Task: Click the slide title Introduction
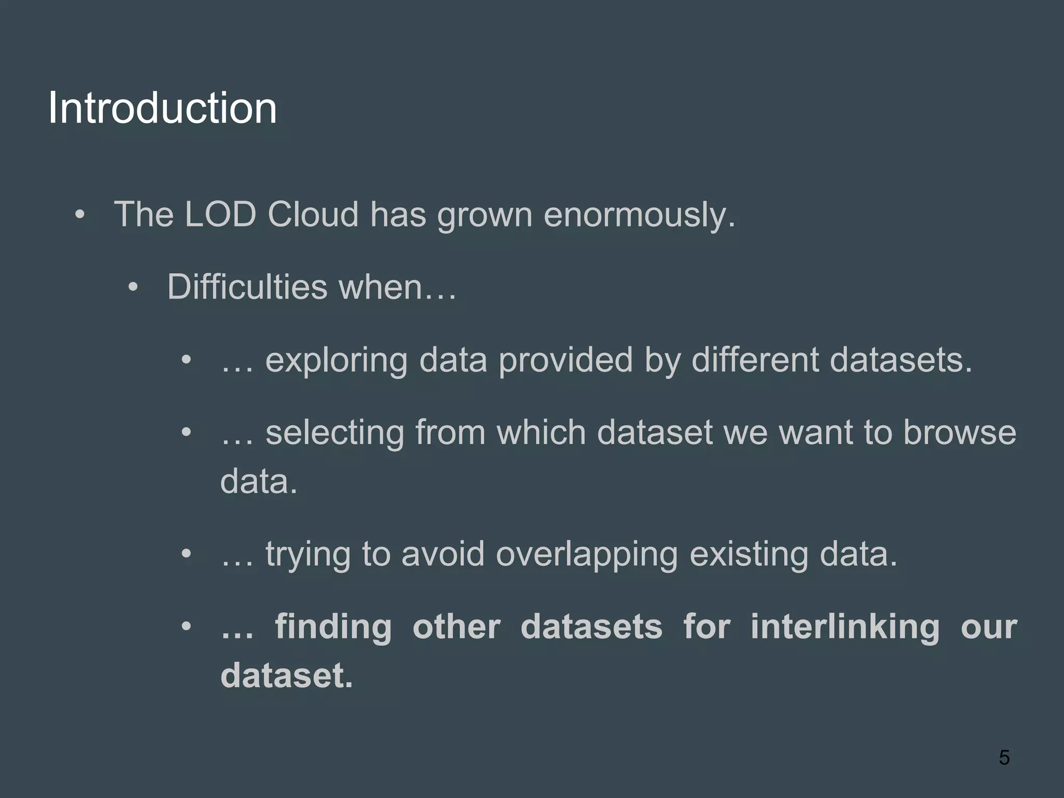pos(162,108)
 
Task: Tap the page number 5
pos(1004,757)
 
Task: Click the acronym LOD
pos(220,214)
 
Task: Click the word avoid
pos(443,554)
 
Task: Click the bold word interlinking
pos(845,627)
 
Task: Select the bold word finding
pos(333,627)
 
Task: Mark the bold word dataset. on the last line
pos(286,675)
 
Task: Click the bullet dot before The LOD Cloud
pos(79,215)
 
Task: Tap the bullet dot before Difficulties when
pos(133,287)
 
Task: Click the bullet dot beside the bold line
pos(186,627)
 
